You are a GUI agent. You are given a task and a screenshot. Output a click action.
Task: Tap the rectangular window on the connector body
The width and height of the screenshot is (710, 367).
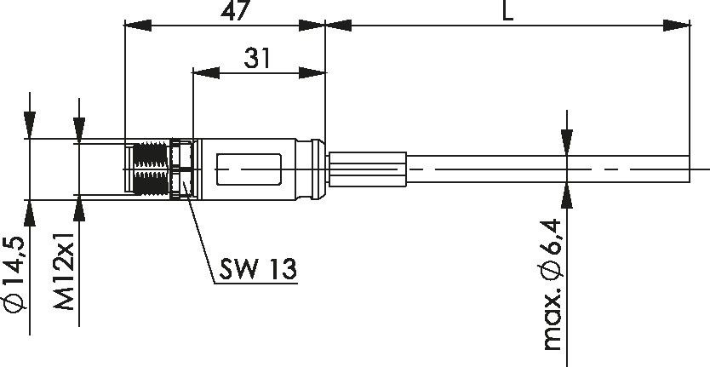coord(249,168)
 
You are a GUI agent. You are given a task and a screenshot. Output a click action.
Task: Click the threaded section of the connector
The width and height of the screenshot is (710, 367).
coord(151,169)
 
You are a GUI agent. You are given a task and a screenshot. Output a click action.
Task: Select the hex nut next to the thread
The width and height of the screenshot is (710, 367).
coord(181,169)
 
